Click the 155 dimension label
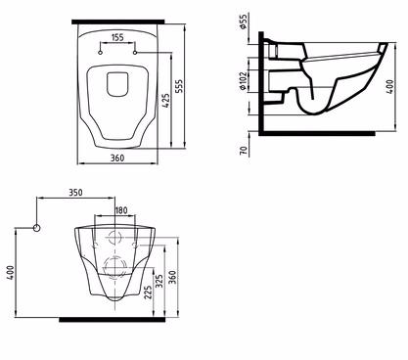117,37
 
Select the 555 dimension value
179,86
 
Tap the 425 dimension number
165,101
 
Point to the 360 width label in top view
117,158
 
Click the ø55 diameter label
243,22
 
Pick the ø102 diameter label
243,81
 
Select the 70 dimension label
244,151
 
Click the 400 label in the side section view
390,87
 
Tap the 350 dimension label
75,193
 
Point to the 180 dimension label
121,210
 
